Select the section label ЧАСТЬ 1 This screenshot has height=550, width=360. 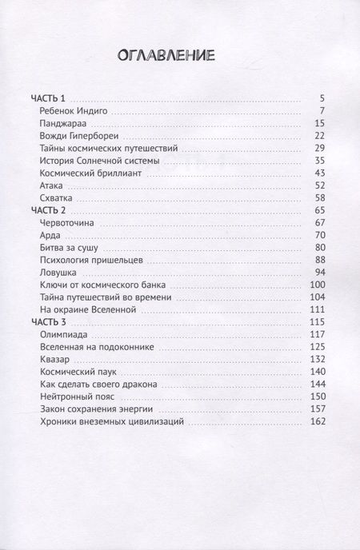(48, 98)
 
